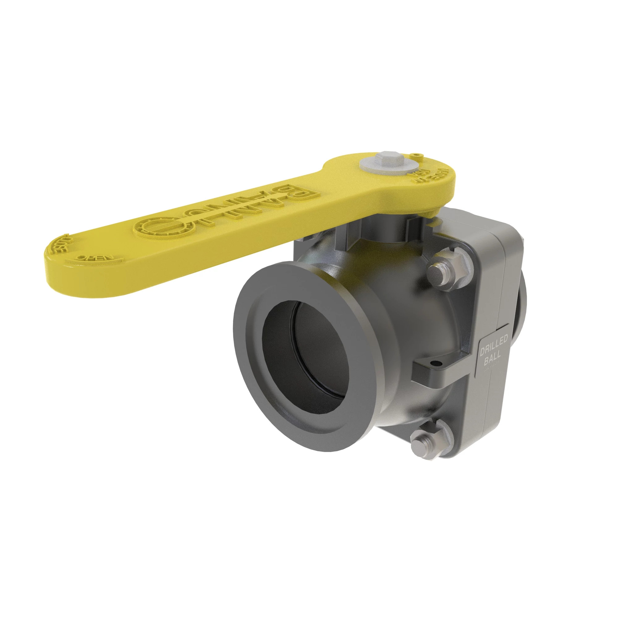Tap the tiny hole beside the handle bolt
click(416, 155)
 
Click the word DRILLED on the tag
click(493, 347)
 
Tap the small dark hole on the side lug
click(434, 363)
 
